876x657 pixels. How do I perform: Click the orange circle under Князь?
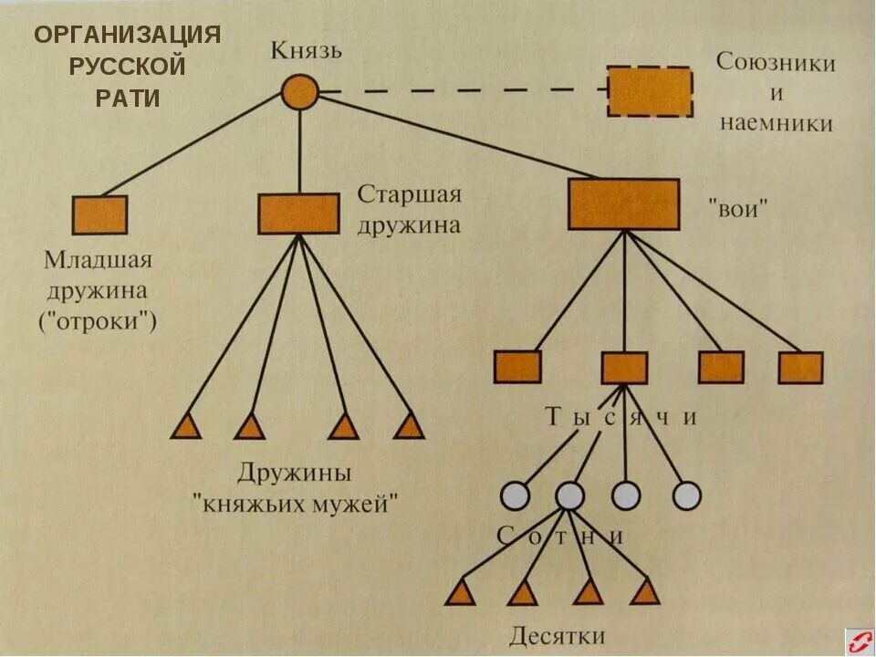(x=299, y=92)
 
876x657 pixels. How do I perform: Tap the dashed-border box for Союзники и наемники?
(x=650, y=91)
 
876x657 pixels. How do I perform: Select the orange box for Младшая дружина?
(x=99, y=215)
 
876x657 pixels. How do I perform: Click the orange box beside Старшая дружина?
(x=298, y=214)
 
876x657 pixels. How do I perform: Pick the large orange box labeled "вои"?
(x=623, y=204)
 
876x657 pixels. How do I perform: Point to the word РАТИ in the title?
(x=128, y=99)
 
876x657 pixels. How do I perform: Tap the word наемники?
(x=777, y=123)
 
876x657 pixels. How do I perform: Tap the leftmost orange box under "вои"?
(x=517, y=367)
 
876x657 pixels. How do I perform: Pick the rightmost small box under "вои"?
(x=800, y=367)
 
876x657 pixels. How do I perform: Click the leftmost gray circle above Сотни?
(x=515, y=495)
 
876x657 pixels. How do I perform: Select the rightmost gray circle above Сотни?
(x=686, y=495)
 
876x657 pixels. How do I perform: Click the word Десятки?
(x=557, y=635)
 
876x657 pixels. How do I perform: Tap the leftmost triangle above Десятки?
(x=461, y=594)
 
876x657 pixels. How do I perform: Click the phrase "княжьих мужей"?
(x=296, y=503)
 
